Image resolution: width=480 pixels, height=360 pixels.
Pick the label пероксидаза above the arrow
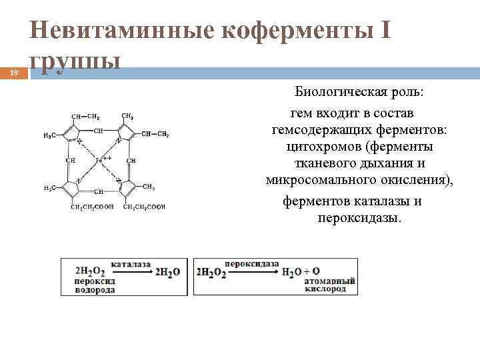(252, 264)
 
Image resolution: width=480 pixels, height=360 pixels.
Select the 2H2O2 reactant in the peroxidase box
(211, 272)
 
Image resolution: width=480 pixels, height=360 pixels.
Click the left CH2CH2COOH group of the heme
(92, 207)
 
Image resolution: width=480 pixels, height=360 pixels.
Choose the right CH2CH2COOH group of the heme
(142, 207)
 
